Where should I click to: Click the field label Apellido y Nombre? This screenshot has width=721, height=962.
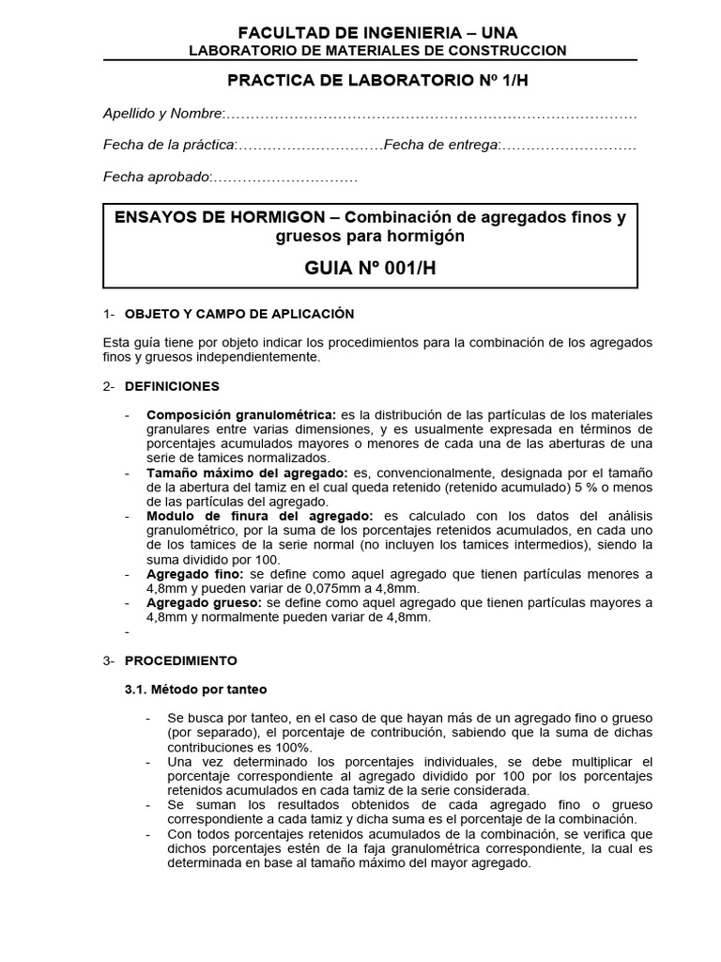tap(162, 114)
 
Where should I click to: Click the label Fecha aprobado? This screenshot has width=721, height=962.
tap(156, 177)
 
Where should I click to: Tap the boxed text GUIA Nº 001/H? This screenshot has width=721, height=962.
tap(370, 268)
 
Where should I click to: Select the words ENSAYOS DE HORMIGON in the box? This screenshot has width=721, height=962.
tap(205, 218)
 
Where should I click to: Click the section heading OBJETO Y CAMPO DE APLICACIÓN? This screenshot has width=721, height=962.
tap(239, 313)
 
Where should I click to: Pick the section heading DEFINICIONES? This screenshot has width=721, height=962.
tap(172, 385)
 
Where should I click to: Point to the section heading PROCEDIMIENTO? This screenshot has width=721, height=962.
tap(181, 660)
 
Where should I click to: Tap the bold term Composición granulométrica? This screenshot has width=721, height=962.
tap(239, 414)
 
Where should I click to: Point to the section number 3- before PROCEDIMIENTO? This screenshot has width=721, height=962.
tap(108, 660)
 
